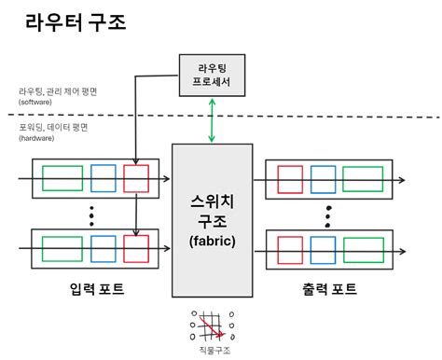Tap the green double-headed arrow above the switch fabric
[x=212, y=121]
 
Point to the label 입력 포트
[x=97, y=289]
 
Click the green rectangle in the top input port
[x=62, y=178]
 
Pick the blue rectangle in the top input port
[x=103, y=178]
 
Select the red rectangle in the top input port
[x=136, y=178]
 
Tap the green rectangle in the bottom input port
[x=62, y=248]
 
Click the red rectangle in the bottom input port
[x=136, y=248]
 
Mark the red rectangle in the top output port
[x=289, y=178]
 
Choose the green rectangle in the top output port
[x=362, y=178]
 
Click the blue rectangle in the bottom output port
[x=323, y=248]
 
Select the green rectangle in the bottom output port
[x=362, y=248]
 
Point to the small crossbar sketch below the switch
[x=213, y=325]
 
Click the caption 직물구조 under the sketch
[x=213, y=350]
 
